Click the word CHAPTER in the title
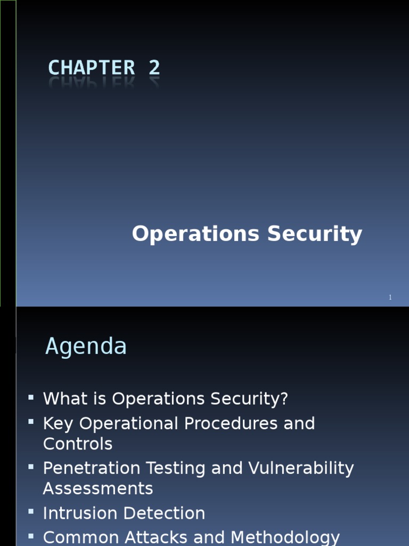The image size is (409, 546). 92,68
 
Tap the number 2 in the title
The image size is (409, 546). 154,68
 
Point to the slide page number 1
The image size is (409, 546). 390,298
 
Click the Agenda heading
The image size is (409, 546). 86,347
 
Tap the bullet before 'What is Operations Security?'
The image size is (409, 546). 31,397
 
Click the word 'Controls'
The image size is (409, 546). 78,444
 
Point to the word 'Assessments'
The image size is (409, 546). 98,489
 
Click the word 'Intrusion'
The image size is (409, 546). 80,513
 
